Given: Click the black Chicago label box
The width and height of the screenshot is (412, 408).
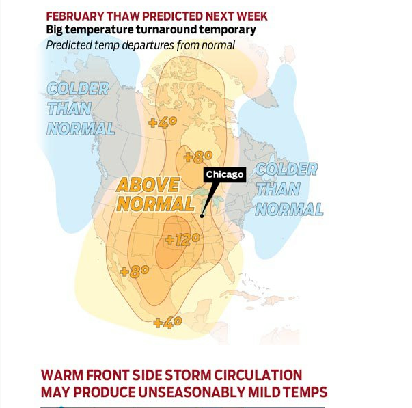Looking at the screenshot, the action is click(x=225, y=174).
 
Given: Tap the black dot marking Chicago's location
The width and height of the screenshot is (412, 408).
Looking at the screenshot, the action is click(x=202, y=216).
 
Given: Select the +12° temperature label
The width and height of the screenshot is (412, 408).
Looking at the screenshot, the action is click(x=182, y=239).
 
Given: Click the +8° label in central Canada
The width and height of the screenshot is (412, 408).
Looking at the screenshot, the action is click(x=198, y=157).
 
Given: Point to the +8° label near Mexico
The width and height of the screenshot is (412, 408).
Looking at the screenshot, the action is click(x=135, y=271).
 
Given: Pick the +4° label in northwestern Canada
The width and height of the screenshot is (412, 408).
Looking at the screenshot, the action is click(x=163, y=123).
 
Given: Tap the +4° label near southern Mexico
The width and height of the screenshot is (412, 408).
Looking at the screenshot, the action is click(x=167, y=323).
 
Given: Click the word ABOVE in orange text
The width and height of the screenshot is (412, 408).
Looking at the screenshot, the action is click(x=148, y=185).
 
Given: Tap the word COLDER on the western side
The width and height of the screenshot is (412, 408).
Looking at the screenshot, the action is click(x=78, y=89).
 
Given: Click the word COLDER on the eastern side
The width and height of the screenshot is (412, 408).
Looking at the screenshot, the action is click(x=287, y=169).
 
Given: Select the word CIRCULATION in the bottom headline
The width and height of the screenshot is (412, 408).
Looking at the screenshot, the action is click(x=258, y=375).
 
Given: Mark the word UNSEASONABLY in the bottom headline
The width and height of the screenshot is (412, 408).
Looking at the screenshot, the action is click(x=191, y=392).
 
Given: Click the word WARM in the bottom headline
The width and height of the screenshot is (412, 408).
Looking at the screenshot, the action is click(x=62, y=375).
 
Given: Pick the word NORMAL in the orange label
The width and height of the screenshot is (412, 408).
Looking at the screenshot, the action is click(x=156, y=204).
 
